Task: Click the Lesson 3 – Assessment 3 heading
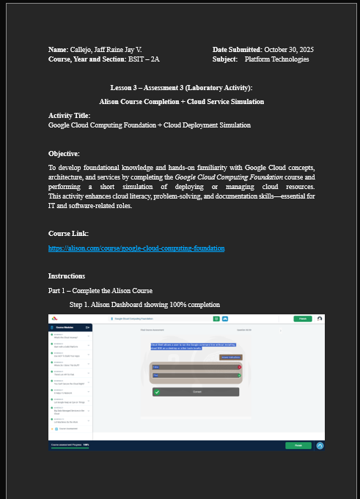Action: click(x=181, y=88)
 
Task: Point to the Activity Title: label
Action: click(x=70, y=116)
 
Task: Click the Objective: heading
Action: click(x=64, y=154)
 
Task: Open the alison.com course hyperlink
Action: click(x=136, y=248)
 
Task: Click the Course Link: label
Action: click(x=68, y=233)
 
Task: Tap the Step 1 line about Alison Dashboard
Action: click(x=144, y=304)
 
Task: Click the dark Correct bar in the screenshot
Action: click(x=196, y=392)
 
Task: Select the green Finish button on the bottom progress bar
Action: click(x=298, y=445)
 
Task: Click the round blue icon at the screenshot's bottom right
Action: click(x=320, y=445)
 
